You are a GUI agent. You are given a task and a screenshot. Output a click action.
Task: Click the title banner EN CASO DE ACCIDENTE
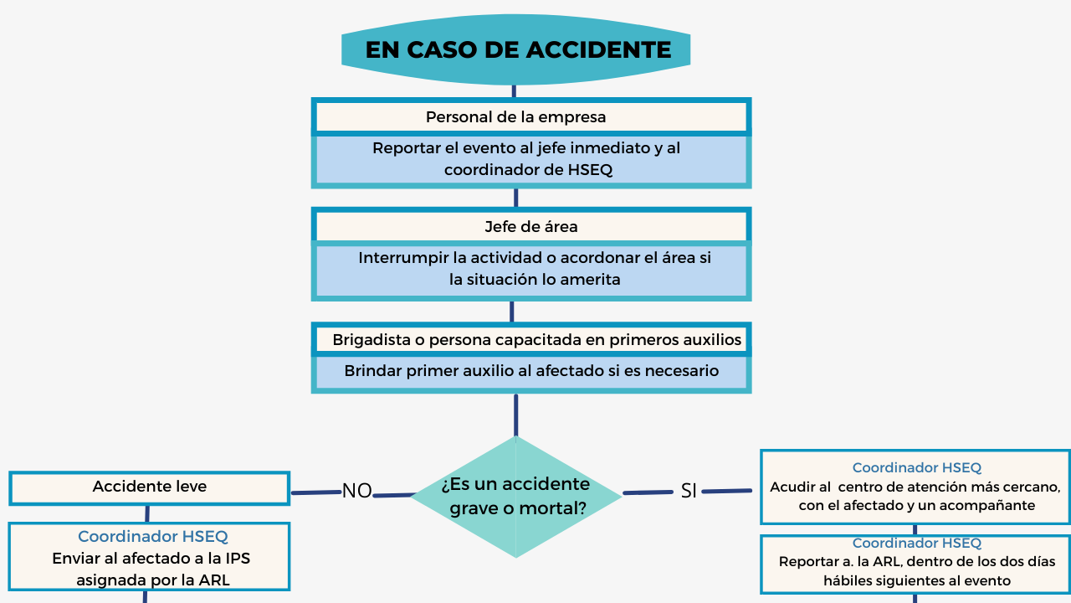517,49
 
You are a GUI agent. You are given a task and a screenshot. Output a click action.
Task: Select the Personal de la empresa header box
530,117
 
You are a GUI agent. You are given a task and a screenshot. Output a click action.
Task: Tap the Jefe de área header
530,227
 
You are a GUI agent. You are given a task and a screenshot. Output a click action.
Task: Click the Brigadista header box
530,340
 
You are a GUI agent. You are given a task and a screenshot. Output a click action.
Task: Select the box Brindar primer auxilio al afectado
530,371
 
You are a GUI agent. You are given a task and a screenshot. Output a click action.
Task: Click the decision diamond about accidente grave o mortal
515,496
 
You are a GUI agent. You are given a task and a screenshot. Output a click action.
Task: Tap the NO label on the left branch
357,492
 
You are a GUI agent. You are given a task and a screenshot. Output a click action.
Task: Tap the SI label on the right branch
689,492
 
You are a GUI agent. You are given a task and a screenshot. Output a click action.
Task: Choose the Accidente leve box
150,487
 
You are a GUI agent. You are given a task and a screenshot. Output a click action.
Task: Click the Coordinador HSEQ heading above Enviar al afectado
152,537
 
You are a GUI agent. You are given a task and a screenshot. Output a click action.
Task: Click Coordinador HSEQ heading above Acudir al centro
916,468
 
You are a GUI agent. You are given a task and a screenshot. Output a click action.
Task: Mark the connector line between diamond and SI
648,492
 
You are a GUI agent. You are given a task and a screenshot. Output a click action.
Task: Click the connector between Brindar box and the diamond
515,415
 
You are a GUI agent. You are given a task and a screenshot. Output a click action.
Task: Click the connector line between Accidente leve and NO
315,492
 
